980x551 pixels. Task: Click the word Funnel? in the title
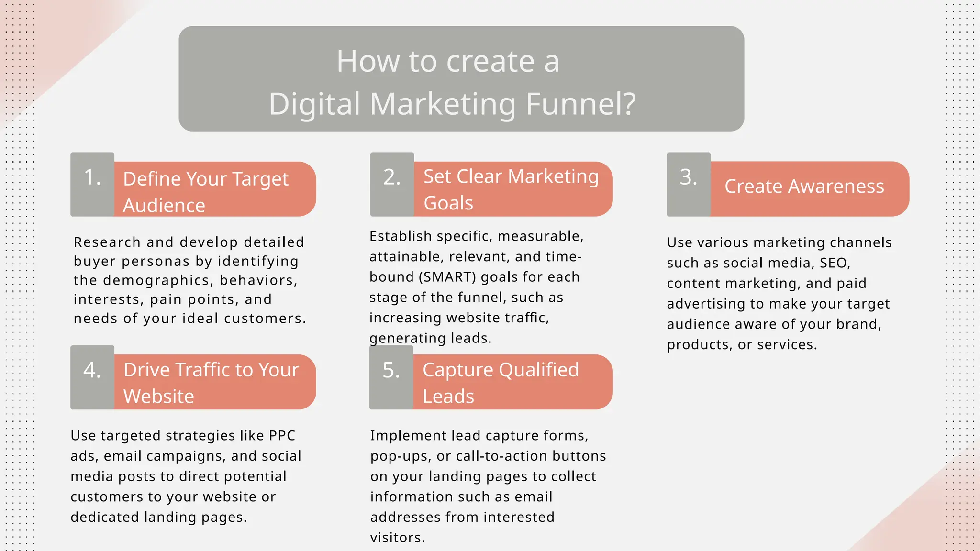(x=581, y=104)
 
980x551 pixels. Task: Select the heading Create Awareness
(x=804, y=187)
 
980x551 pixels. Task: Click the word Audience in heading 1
(x=164, y=206)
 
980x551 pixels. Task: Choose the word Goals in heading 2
(x=448, y=203)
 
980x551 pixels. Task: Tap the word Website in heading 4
(x=159, y=397)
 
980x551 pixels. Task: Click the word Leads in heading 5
(x=448, y=397)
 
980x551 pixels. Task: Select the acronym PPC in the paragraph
(x=282, y=436)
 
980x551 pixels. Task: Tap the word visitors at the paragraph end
(x=397, y=538)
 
